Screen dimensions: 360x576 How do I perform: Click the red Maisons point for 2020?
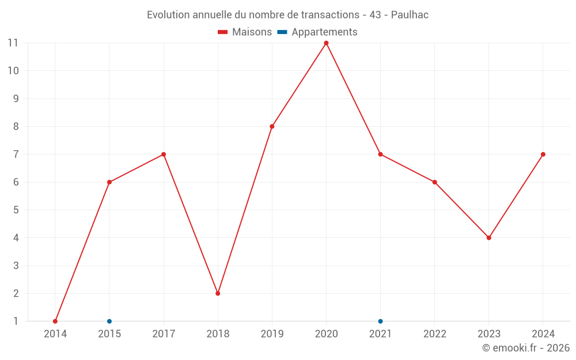coord(326,43)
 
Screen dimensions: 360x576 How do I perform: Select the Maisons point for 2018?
coord(218,293)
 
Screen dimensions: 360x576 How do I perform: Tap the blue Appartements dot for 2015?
coord(109,321)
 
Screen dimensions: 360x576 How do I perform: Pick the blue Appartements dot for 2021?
coord(380,321)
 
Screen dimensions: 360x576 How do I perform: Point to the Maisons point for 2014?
coord(55,321)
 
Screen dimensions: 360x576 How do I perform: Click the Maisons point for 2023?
coord(489,238)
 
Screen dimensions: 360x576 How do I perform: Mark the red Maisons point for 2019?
coord(272,127)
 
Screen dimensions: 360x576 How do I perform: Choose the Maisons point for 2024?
coord(543,154)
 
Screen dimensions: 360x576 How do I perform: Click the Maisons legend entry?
coord(245,32)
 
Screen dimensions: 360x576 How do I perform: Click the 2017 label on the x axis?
coord(164,334)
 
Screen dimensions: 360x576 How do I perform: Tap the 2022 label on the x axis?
coord(435,334)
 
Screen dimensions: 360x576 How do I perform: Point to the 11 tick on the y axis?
coord(13,43)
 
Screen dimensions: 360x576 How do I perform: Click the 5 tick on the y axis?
coord(16,210)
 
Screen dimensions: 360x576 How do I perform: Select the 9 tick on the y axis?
coord(16,98)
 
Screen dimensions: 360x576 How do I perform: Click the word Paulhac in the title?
coord(410,15)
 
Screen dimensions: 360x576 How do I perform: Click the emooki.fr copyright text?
coord(526,348)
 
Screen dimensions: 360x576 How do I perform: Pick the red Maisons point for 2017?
coord(164,154)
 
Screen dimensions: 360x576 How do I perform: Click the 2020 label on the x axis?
coord(326,334)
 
